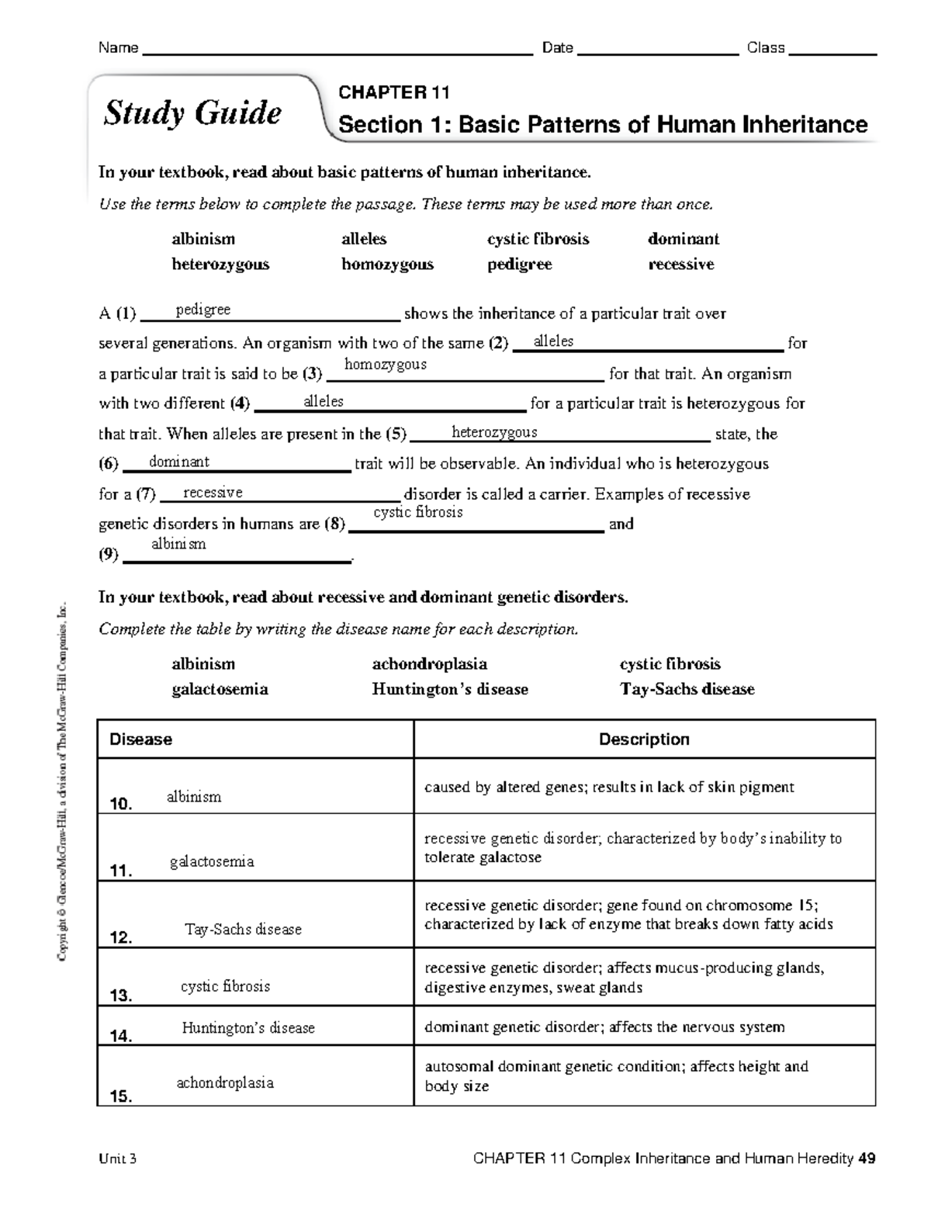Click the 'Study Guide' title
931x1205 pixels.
click(x=192, y=113)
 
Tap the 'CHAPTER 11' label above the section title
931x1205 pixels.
click(x=394, y=93)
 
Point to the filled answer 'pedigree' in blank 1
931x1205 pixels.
click(x=203, y=310)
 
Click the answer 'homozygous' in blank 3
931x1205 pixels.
click(x=385, y=364)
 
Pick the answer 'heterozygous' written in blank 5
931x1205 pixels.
click(x=494, y=432)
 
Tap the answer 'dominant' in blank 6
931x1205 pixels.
click(x=179, y=462)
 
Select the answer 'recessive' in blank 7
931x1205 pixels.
click(x=213, y=493)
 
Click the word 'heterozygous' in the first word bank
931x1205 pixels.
click(x=220, y=264)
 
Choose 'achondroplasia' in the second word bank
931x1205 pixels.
click(x=430, y=663)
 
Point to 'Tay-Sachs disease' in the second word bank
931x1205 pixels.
click(x=687, y=689)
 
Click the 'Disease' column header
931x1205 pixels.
click(x=140, y=739)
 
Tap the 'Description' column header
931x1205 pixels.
click(x=644, y=739)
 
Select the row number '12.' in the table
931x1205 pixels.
click(x=122, y=938)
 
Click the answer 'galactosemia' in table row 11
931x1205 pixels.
click(x=212, y=861)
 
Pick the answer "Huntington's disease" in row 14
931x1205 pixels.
click(x=248, y=1028)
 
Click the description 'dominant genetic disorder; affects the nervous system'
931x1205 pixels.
click(x=604, y=1027)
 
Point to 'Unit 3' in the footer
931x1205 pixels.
click(x=118, y=1159)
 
